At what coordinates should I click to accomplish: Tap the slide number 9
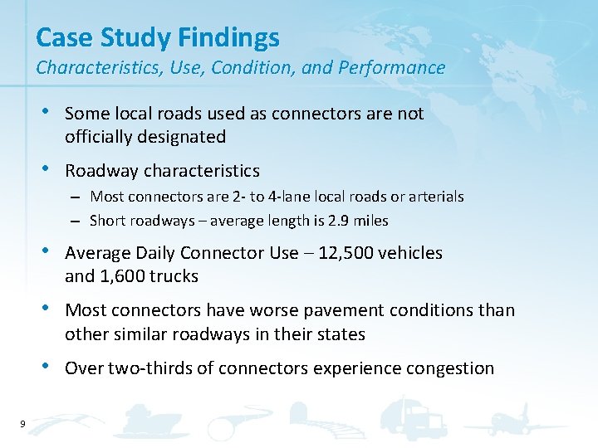pyautogui.click(x=22, y=425)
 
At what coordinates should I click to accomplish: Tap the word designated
pyautogui.click(x=184, y=136)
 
